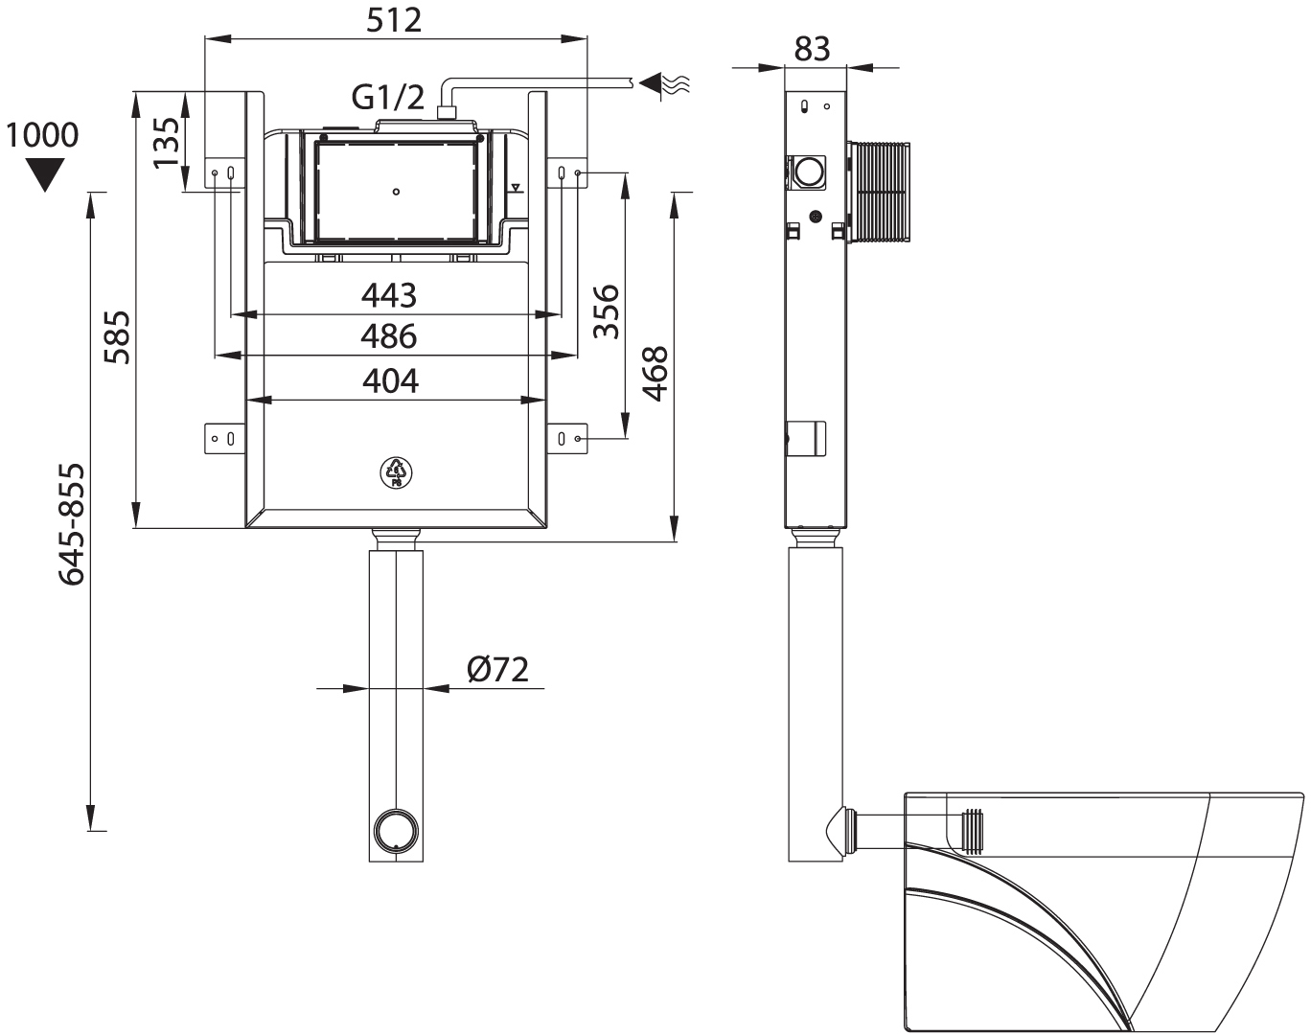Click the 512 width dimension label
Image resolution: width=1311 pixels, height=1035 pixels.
click(394, 20)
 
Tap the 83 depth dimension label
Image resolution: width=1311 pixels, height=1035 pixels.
click(812, 49)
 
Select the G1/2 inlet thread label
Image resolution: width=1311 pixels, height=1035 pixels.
click(388, 98)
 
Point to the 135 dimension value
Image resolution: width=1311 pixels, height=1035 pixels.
click(167, 143)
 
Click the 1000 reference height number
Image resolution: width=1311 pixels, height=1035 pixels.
click(42, 134)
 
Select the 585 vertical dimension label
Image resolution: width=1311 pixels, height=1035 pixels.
click(117, 337)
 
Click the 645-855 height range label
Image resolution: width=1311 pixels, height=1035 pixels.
click(71, 524)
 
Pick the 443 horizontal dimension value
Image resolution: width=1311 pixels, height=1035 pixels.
click(389, 295)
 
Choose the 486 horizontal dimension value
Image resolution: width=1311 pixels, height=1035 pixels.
click(389, 336)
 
